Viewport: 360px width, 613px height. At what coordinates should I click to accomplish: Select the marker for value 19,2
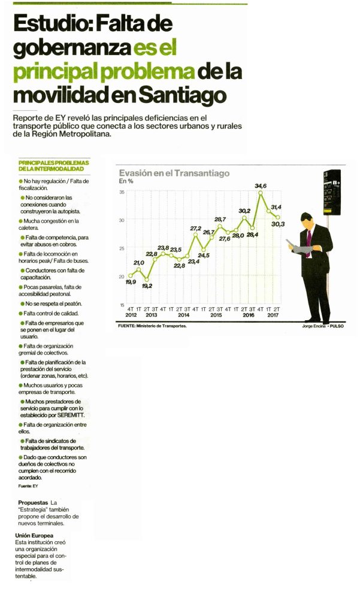(147, 280)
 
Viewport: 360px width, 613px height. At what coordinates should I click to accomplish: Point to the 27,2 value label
(195, 228)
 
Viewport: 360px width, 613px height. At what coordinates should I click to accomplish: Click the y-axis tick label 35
(122, 192)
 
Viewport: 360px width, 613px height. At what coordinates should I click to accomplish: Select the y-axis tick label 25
(122, 248)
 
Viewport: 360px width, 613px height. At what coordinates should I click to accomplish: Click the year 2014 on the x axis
(183, 315)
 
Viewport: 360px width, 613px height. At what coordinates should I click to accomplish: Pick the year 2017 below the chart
(273, 315)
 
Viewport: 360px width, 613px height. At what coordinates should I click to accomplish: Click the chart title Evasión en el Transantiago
(174, 173)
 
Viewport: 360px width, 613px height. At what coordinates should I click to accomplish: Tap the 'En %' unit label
(126, 181)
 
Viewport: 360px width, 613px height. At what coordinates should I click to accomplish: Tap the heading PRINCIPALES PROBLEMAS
(54, 162)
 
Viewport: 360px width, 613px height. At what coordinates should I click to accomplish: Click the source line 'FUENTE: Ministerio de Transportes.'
(152, 326)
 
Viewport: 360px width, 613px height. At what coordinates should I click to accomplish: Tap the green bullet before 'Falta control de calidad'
(21, 313)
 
